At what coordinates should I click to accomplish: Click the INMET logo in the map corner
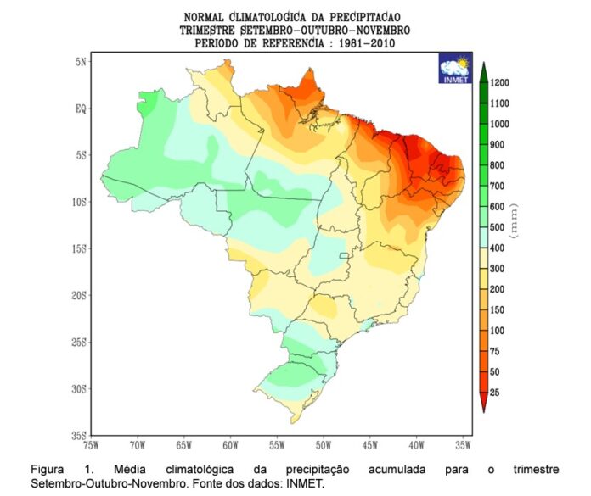[455, 68]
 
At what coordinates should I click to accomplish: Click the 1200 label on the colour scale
[500, 83]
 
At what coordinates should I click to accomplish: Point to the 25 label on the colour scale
[494, 393]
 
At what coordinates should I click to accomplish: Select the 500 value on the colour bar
[497, 227]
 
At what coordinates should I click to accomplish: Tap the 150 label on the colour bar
[497, 310]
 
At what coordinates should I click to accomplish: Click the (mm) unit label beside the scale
[514, 221]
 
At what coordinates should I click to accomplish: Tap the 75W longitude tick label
[91, 446]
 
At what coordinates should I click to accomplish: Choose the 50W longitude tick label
[324, 446]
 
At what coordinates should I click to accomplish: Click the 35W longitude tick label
[463, 446]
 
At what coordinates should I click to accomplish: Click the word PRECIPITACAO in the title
[365, 17]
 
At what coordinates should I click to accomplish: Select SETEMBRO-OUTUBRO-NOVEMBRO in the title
[325, 31]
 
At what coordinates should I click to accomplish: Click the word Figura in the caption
[47, 470]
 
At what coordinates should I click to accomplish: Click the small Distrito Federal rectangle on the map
[344, 255]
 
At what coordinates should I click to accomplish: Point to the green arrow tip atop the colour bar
[483, 63]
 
